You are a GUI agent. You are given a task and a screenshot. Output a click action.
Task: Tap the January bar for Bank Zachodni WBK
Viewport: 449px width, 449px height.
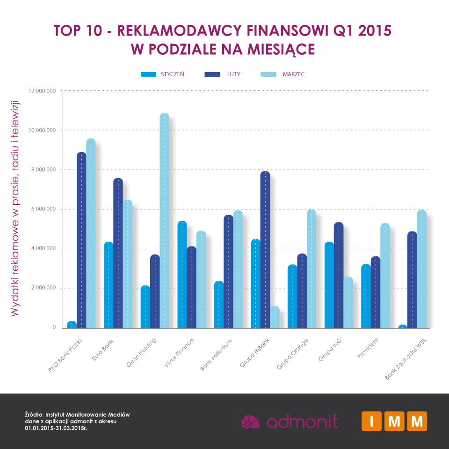coord(403,326)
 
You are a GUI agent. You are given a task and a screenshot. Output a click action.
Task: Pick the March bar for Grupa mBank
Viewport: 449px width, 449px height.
coord(275,317)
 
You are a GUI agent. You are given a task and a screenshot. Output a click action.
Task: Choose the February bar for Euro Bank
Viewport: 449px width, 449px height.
coord(118,253)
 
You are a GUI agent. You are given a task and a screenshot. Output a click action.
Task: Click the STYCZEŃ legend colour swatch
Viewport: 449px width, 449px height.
coord(148,74)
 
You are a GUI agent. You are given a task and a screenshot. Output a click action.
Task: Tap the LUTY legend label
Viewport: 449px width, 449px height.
coord(234,74)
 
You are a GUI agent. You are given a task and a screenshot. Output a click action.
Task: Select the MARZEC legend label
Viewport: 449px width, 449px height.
coord(294,74)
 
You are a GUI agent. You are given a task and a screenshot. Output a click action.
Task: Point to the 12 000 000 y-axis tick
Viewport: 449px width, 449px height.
coord(42,91)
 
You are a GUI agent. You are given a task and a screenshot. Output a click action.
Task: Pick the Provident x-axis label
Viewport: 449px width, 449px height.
coord(367,349)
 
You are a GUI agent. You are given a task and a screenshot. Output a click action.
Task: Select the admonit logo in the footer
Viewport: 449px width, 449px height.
coord(289,421)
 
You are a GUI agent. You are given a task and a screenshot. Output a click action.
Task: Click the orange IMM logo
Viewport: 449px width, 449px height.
coord(394,421)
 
